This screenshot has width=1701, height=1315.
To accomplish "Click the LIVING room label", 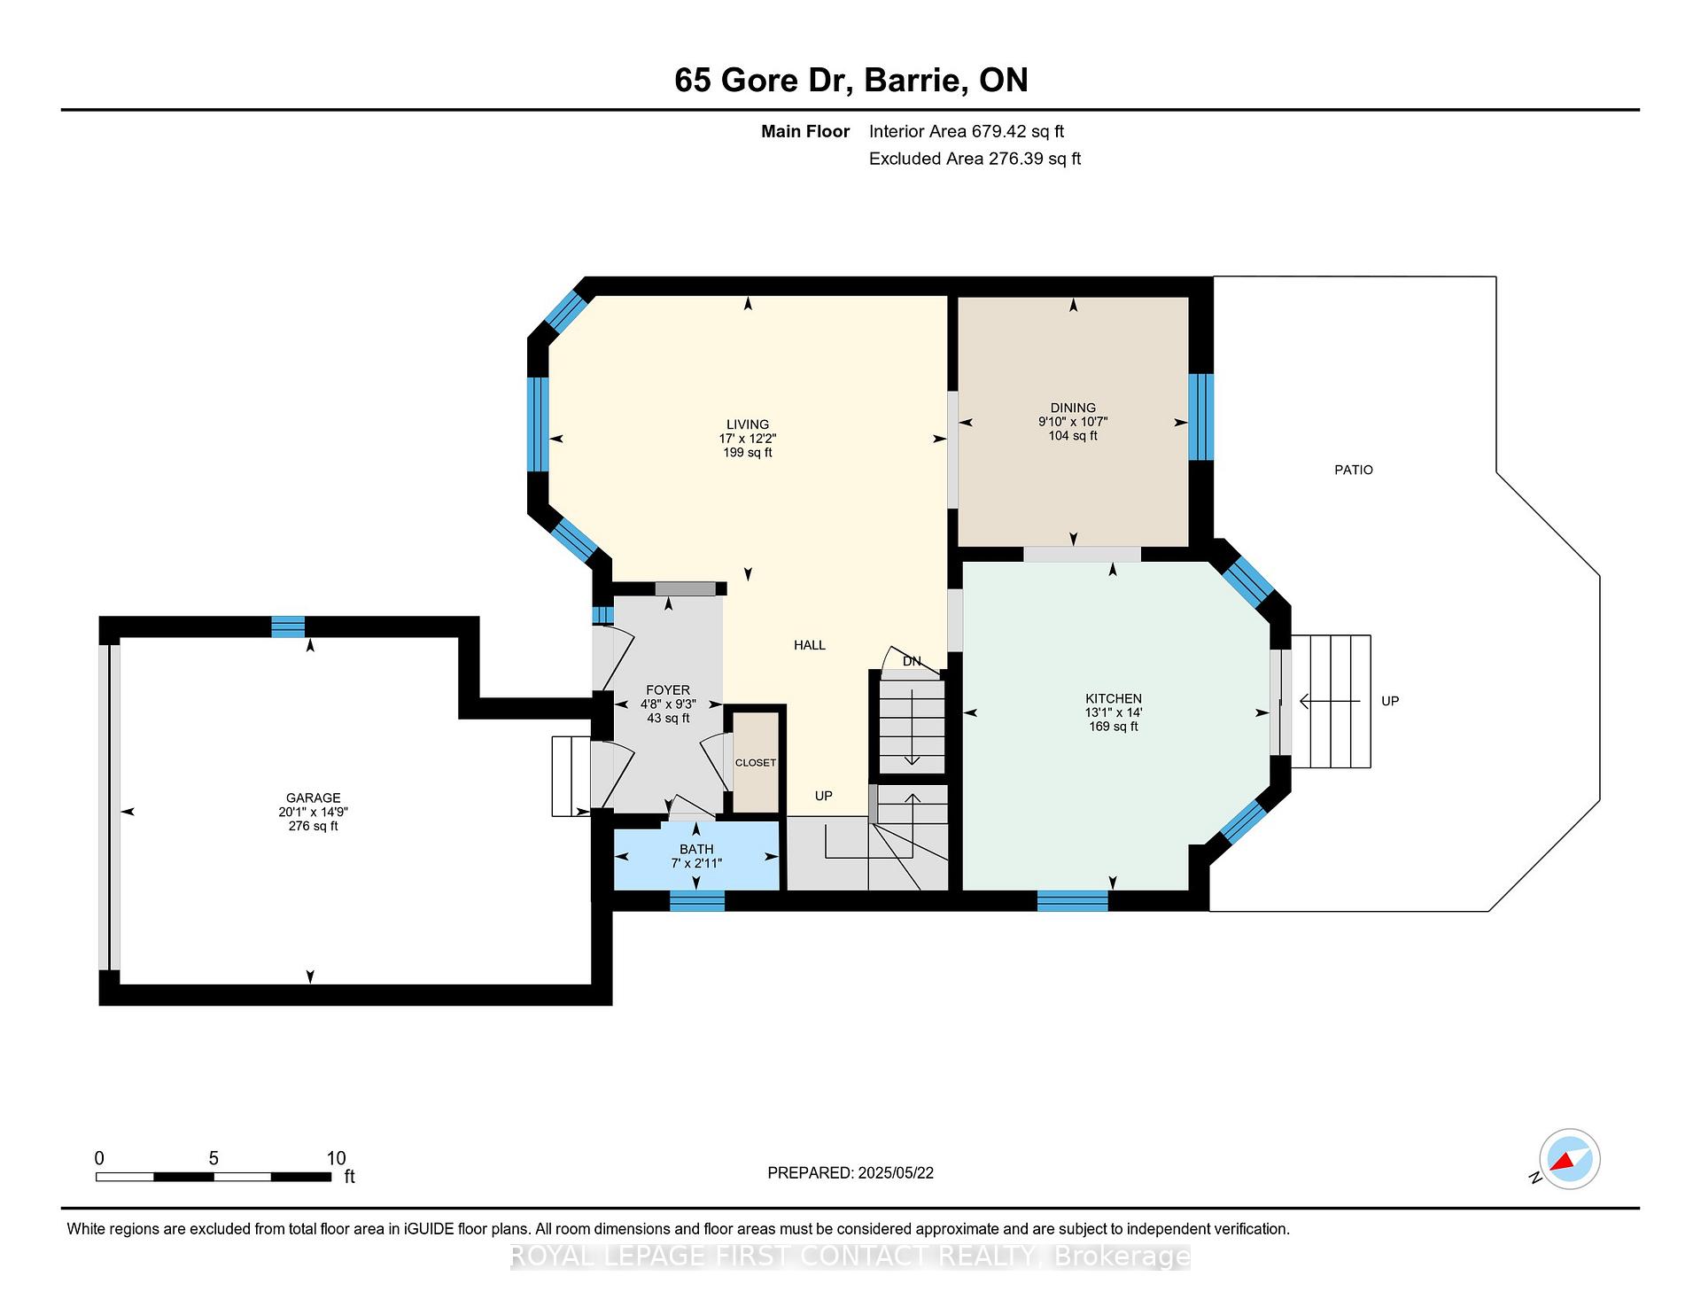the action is coord(748,424).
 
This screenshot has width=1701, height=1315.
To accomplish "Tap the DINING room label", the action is coord(1073,409).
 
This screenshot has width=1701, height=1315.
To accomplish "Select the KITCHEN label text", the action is coord(1114,698).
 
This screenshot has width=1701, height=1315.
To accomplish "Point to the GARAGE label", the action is coord(313,798).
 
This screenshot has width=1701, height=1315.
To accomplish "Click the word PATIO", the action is coord(1354,470).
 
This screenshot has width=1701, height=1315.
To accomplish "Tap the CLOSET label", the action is coord(756,763).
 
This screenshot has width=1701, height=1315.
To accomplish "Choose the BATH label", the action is coord(696,849).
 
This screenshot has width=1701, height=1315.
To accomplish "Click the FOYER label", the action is coord(668,690).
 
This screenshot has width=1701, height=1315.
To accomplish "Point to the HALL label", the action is coord(810,645).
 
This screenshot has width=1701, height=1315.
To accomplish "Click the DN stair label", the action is coord(912,661).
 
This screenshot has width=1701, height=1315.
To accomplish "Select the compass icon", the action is coord(1569,1159).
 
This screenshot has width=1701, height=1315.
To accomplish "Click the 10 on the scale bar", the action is coord(336,1158).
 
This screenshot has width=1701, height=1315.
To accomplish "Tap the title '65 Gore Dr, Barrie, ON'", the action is coord(851,80).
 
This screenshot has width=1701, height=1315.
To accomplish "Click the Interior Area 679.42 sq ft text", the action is coord(967,131).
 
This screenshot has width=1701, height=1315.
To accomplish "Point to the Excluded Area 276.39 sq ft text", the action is coord(975,159).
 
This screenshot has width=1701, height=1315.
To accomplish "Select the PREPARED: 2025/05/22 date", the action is coord(850,1172).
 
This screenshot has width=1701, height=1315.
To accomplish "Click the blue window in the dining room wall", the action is coord(1200,416).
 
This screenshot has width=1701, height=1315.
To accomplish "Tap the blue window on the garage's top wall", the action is coord(288,626).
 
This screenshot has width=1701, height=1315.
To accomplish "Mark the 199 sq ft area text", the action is coord(748,453).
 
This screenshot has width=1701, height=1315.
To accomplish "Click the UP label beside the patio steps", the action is coord(1390,701).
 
